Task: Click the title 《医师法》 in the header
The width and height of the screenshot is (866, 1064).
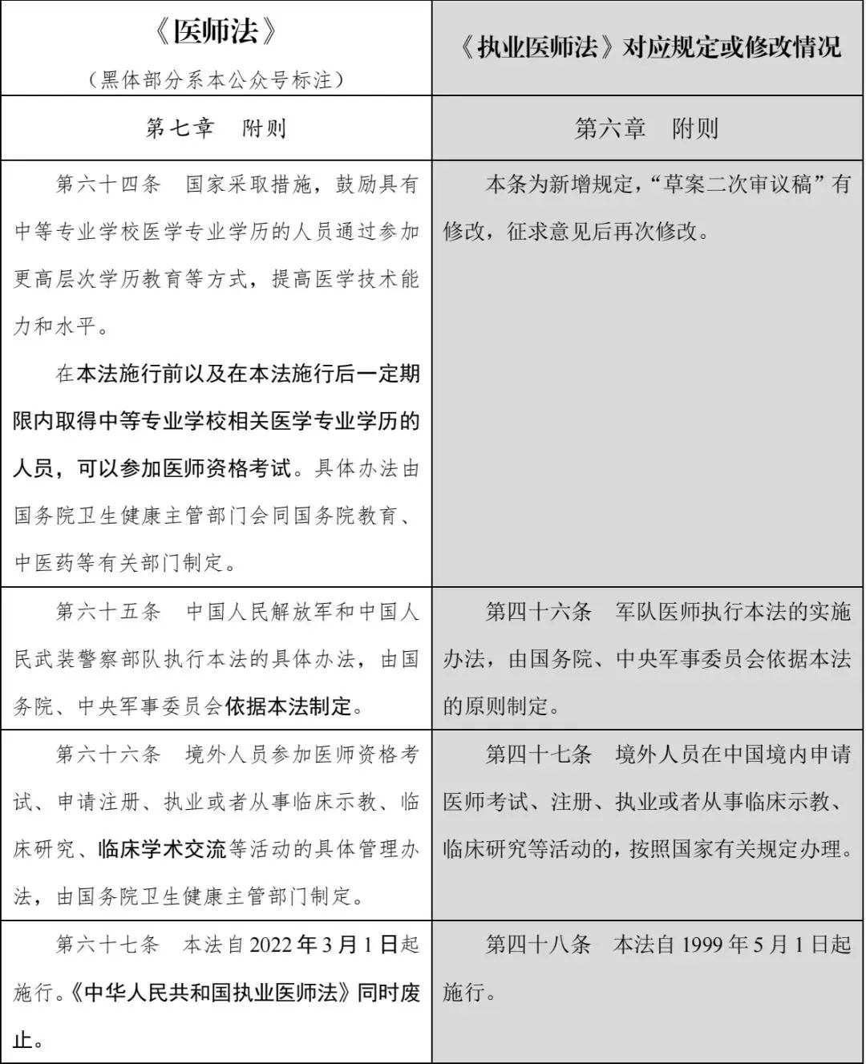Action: click(x=216, y=32)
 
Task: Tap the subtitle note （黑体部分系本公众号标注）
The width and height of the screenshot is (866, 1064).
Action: click(x=216, y=80)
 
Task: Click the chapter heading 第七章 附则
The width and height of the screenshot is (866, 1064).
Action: click(x=216, y=128)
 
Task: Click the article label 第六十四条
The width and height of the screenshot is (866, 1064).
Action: click(x=108, y=184)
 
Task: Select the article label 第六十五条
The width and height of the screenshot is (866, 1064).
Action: click(x=108, y=612)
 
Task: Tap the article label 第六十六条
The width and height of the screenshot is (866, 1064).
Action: click(x=108, y=755)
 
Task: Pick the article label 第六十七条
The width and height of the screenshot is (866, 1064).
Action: click(x=108, y=945)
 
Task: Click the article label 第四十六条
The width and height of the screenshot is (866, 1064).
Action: click(x=538, y=612)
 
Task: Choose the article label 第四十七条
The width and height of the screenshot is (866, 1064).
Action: click(x=538, y=755)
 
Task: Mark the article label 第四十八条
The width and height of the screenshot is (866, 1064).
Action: click(x=538, y=945)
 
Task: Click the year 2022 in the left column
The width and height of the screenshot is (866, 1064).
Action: click(x=271, y=945)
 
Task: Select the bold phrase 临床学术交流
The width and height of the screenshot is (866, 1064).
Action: click(x=162, y=849)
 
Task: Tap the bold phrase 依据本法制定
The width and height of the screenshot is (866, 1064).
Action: click(x=289, y=706)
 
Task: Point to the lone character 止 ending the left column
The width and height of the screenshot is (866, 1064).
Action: click(x=22, y=1040)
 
